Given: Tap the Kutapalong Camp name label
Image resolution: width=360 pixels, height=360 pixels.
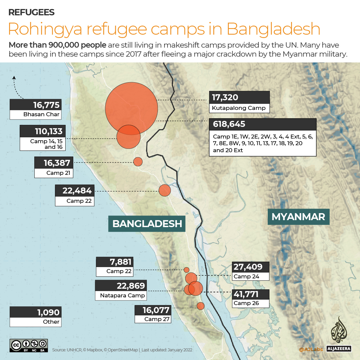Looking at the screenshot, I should tap(239, 108).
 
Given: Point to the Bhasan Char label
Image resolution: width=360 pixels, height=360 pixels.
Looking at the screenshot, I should tap(41, 115).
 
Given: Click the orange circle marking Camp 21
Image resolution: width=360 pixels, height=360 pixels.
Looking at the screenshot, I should tap(138, 162).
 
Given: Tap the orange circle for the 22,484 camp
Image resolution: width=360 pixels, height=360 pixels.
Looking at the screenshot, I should tap(165, 190).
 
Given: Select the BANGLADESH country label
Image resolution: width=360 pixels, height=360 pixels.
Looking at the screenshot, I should tap(147, 223).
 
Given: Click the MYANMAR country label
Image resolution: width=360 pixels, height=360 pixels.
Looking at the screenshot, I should tap(298, 217).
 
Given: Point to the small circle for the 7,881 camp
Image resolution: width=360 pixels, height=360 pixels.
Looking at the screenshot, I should tap(186, 270).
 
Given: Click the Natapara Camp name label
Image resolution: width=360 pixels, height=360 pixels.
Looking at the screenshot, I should tap(122, 295).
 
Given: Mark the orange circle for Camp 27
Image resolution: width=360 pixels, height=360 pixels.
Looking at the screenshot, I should tap(200, 306).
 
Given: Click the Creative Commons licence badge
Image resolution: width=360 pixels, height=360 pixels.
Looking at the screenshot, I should tap(29, 345).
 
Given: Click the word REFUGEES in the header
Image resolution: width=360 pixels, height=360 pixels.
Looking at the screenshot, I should tap(31, 13).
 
